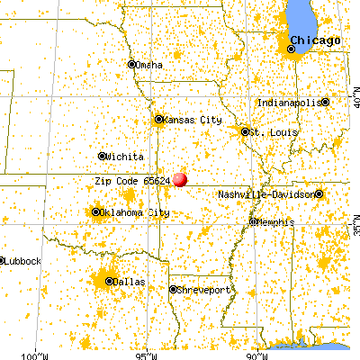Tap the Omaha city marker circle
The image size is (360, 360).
click(131, 65)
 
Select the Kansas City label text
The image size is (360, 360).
click(192, 119)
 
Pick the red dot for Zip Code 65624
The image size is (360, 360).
click(180, 179)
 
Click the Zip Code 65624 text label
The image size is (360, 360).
click(132, 180)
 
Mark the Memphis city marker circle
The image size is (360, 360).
click(254, 220)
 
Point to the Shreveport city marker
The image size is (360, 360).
click(174, 289)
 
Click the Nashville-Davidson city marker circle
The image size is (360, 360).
click(319, 193)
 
